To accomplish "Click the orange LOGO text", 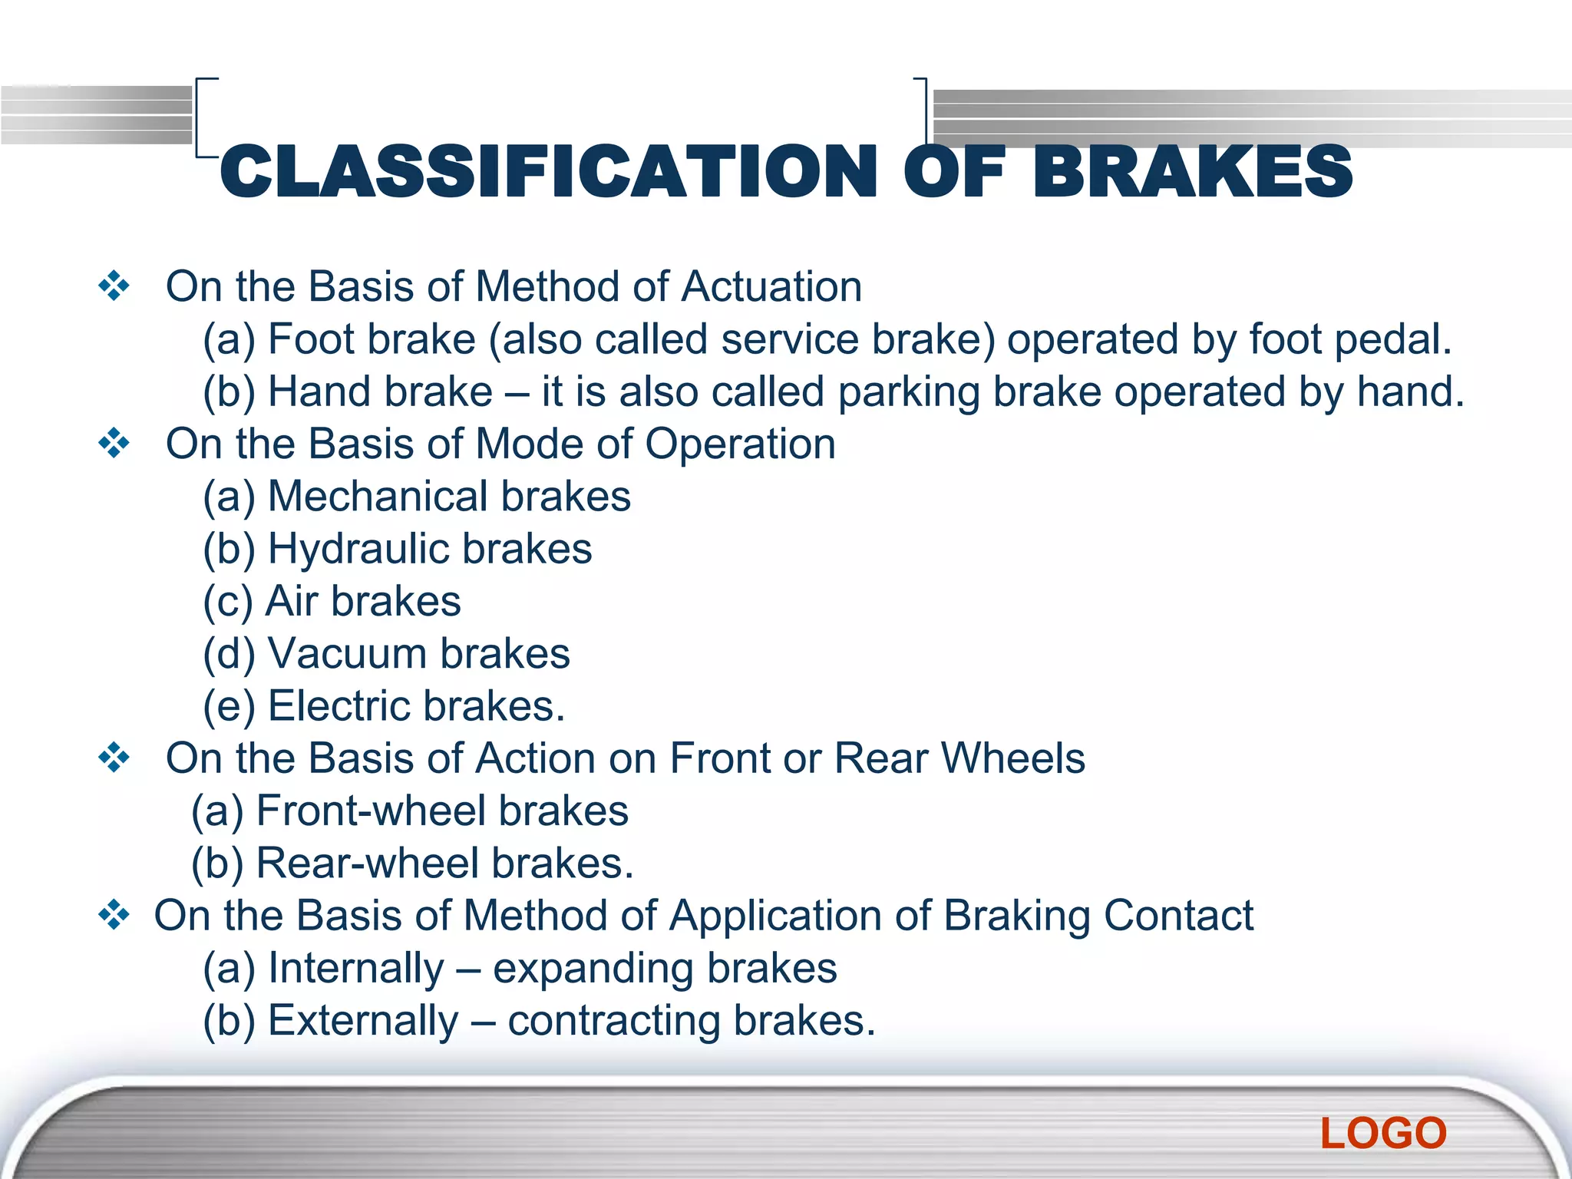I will [1383, 1133].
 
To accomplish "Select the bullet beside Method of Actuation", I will [114, 286].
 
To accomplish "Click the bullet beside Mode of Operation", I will [114, 444].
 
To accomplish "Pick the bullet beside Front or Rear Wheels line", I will [114, 758].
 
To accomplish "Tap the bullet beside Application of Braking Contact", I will [114, 915].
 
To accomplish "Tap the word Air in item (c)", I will [291, 601].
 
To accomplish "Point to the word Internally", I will [356, 968].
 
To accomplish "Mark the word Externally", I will [362, 1021].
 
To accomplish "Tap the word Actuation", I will [771, 286].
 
